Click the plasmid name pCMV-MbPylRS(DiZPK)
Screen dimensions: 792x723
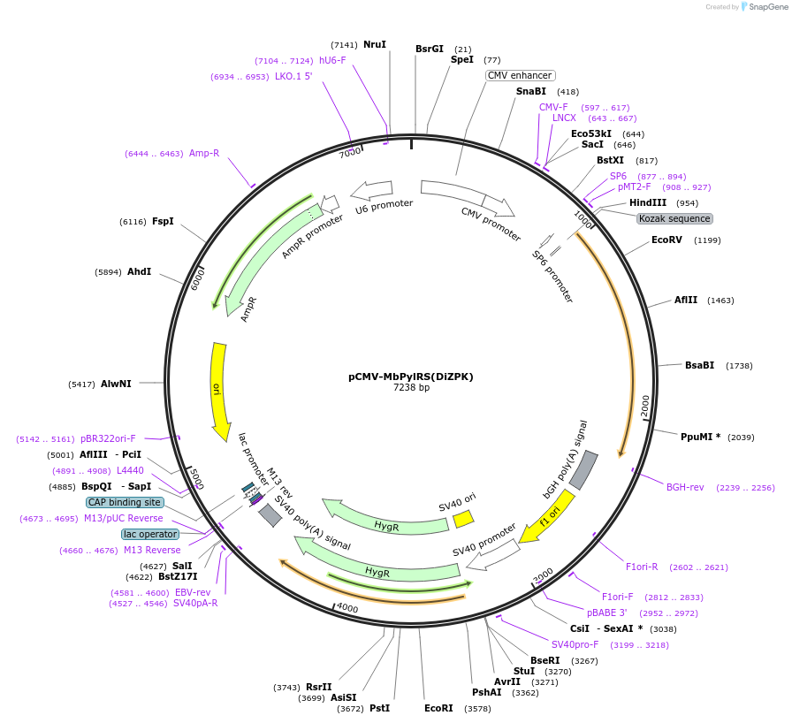(x=410, y=376)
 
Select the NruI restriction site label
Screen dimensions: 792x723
(x=375, y=44)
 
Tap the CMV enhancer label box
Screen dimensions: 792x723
(x=521, y=75)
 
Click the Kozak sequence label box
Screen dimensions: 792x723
(x=674, y=218)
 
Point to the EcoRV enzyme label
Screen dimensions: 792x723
(x=666, y=240)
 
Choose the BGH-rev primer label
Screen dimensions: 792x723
(x=685, y=487)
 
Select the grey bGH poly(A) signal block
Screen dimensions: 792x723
(x=583, y=470)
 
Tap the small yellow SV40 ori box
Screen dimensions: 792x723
(x=464, y=519)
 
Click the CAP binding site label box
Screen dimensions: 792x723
(x=125, y=502)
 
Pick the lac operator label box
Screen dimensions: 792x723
(x=150, y=534)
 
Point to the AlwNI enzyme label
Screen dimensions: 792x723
(x=116, y=384)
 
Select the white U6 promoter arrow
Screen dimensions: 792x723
(x=371, y=189)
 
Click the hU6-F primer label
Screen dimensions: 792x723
(x=332, y=60)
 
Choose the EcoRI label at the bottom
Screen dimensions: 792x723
(x=438, y=708)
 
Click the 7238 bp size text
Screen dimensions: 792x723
(x=411, y=387)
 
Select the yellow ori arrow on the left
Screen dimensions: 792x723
(x=217, y=389)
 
